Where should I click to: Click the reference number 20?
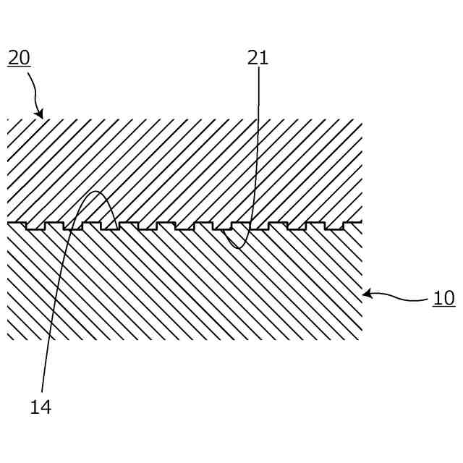pyautogui.click(x=19, y=58)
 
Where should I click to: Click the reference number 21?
pyautogui.click(x=258, y=58)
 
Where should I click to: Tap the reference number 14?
pyautogui.click(x=41, y=407)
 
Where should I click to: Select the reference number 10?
pyautogui.click(x=443, y=298)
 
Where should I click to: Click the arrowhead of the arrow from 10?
pyautogui.click(x=366, y=293)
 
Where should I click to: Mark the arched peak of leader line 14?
pyautogui.click(x=97, y=192)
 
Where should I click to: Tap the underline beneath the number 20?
pyautogui.click(x=19, y=67)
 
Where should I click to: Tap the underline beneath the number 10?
pyautogui.click(x=443, y=307)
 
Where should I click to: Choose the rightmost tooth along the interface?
pyautogui.click(x=334, y=226)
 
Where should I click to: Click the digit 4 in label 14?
pyautogui.click(x=46, y=407)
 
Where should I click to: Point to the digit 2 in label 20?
pyautogui.click(x=14, y=58)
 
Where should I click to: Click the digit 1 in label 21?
pyautogui.click(x=263, y=58)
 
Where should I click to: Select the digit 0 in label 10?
pyautogui.click(x=449, y=298)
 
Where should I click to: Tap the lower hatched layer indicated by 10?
pyautogui.click(x=181, y=289)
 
